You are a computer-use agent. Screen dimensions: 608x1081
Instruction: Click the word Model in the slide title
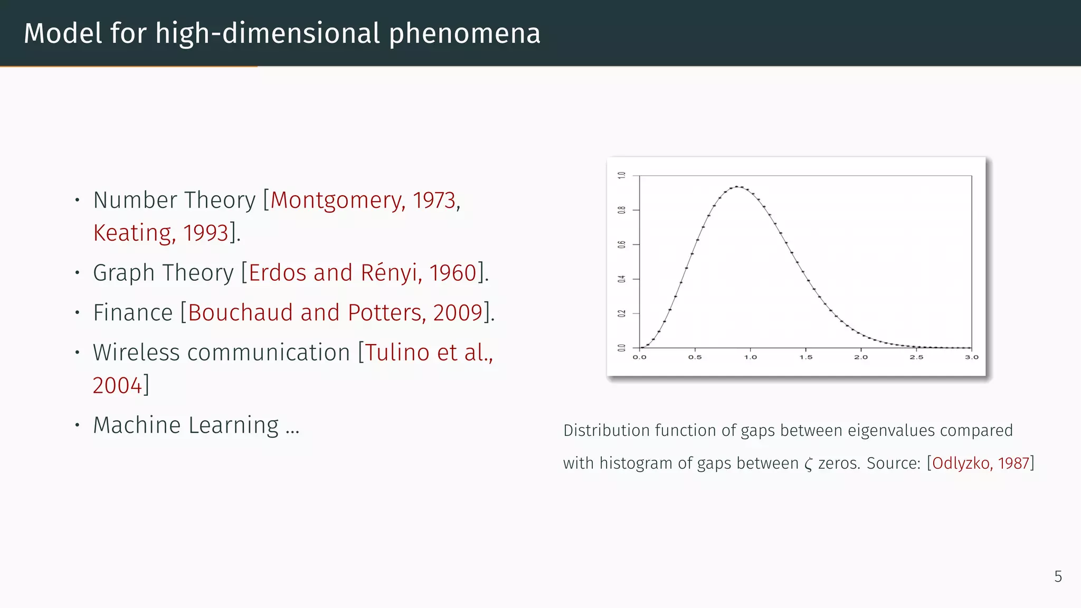(63, 33)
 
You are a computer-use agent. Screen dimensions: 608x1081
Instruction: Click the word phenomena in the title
(464, 34)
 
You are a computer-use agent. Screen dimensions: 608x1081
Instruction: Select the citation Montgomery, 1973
(363, 201)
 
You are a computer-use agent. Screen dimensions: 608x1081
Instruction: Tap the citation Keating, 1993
(160, 233)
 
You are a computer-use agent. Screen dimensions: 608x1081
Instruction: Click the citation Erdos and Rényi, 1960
(363, 273)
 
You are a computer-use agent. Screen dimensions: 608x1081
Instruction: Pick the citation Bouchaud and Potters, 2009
(335, 312)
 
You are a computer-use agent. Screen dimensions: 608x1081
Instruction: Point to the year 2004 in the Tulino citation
(117, 385)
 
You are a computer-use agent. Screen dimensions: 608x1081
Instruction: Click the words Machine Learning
(186, 425)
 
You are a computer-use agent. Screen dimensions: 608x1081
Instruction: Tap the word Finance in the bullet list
(133, 312)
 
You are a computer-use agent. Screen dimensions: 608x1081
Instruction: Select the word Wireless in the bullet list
(136, 353)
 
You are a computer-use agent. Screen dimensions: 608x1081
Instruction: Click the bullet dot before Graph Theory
(77, 273)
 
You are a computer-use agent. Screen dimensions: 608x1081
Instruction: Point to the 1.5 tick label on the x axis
(805, 357)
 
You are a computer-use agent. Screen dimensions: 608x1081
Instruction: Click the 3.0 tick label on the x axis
(971, 357)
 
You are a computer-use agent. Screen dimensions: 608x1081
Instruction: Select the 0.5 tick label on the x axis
(695, 357)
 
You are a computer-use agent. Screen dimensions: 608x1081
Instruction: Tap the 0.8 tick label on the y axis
(622, 210)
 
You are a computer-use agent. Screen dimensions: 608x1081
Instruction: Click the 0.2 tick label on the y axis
(622, 313)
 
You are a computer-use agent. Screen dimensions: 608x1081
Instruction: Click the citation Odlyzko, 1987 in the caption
(981, 463)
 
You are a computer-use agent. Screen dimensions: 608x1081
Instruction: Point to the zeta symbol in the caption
(808, 464)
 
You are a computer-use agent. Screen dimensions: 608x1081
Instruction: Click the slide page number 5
(1058, 576)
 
